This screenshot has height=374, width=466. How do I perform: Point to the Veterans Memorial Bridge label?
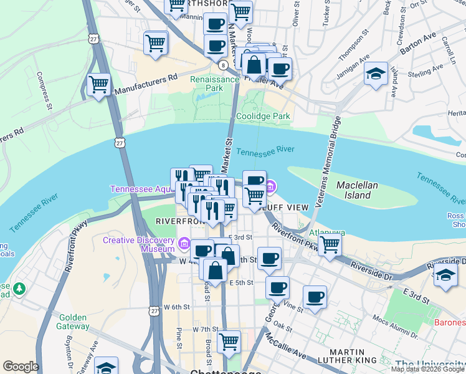click(330, 161)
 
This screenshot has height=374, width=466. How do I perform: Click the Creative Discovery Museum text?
click(138, 244)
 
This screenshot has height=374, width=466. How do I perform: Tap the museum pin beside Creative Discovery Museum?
click(184, 244)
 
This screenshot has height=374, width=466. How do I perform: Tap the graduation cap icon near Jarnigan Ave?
click(376, 73)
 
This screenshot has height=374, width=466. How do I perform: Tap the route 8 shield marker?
click(222, 64)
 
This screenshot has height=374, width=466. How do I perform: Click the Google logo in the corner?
click(21, 367)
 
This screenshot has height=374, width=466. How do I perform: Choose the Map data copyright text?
click(427, 369)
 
